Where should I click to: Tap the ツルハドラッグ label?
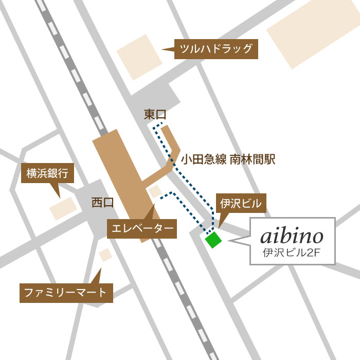[x=216, y=49]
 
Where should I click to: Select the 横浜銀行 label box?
[x=47, y=174]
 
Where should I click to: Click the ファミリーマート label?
[x=66, y=293]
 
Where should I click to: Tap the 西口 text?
[x=102, y=203]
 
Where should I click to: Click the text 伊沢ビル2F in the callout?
[x=292, y=253]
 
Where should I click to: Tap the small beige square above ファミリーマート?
[x=105, y=254]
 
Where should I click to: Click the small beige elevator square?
[x=155, y=192]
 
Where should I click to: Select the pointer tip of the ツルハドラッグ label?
[x=163, y=49]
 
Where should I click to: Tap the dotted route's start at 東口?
[x=161, y=124]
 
